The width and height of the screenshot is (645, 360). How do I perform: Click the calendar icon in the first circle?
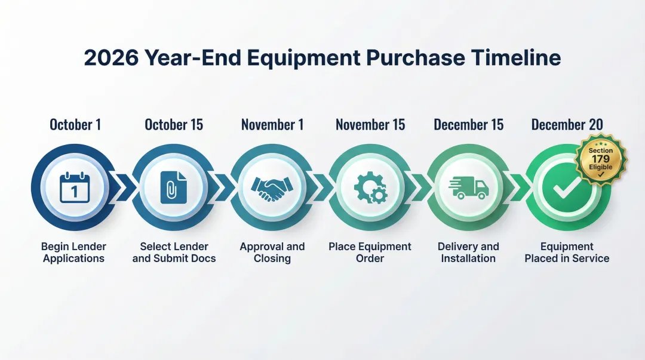[75, 187]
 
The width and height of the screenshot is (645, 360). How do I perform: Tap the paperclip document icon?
[173, 188]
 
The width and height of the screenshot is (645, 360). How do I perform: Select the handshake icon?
[272, 188]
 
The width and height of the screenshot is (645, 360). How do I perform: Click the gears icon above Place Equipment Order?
[370, 188]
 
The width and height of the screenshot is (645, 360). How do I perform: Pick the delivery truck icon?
[469, 187]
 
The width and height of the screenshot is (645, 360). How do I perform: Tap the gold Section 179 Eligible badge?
[600, 159]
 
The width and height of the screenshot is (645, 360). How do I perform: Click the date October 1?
[75, 125]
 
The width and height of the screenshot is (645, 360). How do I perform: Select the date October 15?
[174, 125]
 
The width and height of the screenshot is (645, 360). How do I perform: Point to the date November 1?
[272, 125]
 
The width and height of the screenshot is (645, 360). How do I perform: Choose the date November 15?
[370, 125]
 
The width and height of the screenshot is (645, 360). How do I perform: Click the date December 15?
[469, 125]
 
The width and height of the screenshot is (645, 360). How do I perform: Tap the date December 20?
[567, 125]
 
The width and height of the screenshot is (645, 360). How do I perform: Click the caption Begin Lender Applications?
[73, 253]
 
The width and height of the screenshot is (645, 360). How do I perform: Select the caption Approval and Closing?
[272, 253]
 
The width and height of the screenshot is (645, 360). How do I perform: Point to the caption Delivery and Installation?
[468, 253]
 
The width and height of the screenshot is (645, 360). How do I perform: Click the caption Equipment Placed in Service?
[567, 253]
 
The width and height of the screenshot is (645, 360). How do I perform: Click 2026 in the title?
[111, 58]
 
